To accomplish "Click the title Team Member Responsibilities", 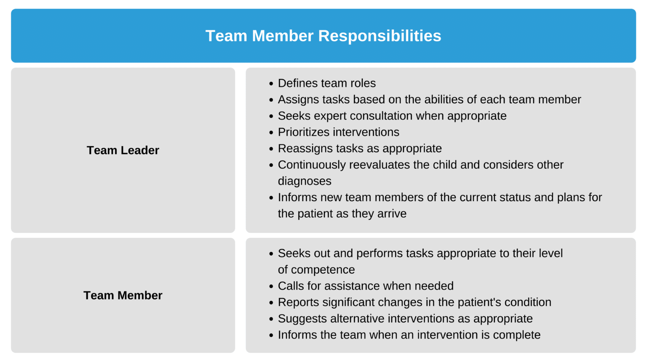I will tap(323, 36).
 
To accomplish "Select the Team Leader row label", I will tap(123, 150).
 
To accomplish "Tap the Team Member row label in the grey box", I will tap(123, 296).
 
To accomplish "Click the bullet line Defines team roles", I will tap(326, 83).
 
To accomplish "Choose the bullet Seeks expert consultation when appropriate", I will tap(392, 116).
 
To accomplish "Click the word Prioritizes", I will tap(304, 132).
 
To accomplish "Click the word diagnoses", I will tap(305, 181).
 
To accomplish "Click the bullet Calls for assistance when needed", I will tap(366, 286).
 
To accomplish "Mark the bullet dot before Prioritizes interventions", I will tap(271, 133).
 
